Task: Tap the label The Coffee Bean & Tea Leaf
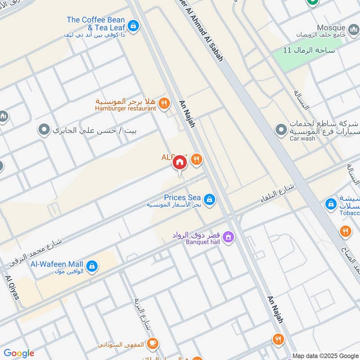(95, 23)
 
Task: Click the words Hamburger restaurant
(126, 108)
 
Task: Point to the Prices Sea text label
(182, 197)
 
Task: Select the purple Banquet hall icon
(228, 236)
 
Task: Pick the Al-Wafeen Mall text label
(57, 264)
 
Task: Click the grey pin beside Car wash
(281, 130)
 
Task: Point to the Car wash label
(302, 139)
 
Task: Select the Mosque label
(331, 27)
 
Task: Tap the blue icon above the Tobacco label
(331, 204)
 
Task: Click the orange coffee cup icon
(153, 343)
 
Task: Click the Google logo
(19, 353)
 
